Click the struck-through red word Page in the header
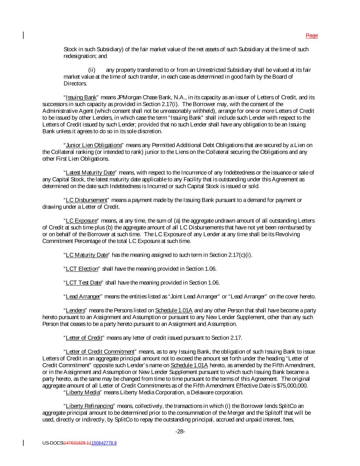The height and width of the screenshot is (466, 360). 312,36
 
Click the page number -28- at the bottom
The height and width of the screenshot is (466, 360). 180,432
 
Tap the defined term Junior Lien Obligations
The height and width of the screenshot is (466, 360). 93,145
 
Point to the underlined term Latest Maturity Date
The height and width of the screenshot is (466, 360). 90,173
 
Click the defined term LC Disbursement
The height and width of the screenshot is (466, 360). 86,200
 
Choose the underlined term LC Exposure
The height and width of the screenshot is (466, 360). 81,221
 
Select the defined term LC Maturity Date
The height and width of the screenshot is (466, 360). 86,255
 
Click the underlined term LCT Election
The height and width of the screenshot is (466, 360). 82,269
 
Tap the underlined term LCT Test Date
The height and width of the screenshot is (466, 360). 83,283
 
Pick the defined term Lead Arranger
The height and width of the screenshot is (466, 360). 83,296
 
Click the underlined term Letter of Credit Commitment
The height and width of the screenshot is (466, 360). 100,352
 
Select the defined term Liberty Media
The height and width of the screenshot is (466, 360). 82,393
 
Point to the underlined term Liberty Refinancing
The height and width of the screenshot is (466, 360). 89,406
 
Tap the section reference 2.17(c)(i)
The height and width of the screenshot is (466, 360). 240,255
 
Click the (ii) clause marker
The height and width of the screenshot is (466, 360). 92,70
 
